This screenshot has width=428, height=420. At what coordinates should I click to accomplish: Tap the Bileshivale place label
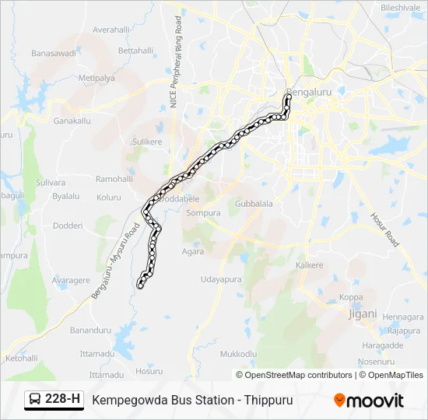click(400, 8)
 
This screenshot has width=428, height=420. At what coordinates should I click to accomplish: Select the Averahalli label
click(111, 30)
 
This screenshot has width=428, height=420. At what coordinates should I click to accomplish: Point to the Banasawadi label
click(54, 53)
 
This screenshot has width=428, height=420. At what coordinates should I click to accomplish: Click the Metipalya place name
click(96, 79)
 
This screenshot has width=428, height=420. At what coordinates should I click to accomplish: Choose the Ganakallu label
click(72, 121)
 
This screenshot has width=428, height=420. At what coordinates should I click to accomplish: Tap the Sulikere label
click(147, 142)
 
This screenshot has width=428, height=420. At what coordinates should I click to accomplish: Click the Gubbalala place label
click(254, 204)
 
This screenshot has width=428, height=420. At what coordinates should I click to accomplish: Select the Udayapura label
click(221, 279)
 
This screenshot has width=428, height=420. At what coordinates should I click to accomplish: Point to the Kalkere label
click(309, 265)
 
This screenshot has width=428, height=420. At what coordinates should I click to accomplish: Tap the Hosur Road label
click(384, 230)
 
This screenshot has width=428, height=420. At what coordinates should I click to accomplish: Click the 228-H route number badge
click(54, 400)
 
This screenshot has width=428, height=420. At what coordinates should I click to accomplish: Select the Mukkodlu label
click(238, 354)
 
